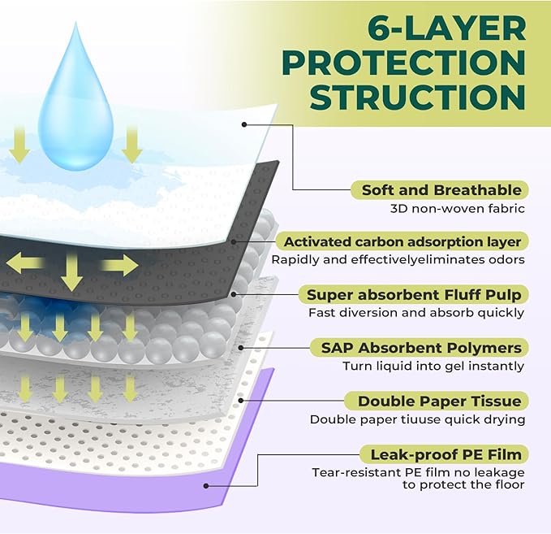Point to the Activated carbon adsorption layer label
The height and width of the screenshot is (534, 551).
pos(402,241)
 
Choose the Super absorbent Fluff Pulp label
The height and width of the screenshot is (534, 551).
pos(413,294)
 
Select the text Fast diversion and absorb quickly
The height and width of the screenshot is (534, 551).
pos(416,313)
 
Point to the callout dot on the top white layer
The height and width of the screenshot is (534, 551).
pos(243,124)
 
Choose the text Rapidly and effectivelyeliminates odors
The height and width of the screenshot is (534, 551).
pos(398,260)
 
